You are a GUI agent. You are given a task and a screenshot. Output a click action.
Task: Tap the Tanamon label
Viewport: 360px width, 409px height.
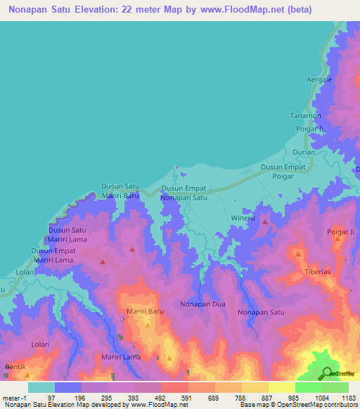pyautogui.click(x=306, y=116)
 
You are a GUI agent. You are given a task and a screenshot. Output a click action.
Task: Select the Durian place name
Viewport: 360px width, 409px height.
pyautogui.click(x=304, y=151)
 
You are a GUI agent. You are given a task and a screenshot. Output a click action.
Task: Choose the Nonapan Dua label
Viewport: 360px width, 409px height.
pyautogui.click(x=201, y=304)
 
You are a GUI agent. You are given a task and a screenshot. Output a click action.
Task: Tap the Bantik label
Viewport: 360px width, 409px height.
pyautogui.click(x=15, y=367)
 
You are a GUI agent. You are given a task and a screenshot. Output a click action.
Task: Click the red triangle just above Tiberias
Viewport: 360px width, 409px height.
pyautogui.click(x=298, y=254)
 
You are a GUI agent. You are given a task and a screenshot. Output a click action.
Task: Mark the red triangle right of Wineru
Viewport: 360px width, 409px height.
pyautogui.click(x=265, y=222)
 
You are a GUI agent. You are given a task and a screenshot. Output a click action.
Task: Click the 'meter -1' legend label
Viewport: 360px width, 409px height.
pyautogui.click(x=15, y=398)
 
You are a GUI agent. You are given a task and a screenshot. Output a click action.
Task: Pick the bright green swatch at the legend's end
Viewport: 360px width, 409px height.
pyautogui.click(x=335, y=387)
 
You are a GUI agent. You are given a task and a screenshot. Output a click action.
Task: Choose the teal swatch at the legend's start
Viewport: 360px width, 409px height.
pyautogui.click(x=41, y=387)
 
